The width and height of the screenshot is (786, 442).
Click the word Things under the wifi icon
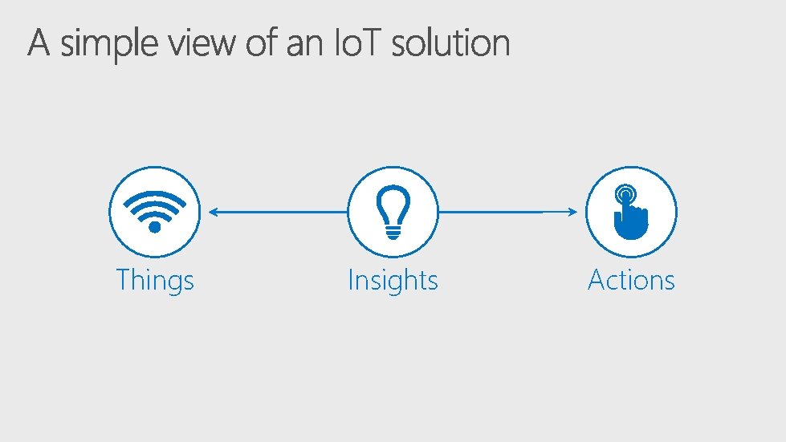pos(155,281)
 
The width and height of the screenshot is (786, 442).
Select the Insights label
pos(393,281)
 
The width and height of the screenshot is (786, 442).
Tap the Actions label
pos(631,281)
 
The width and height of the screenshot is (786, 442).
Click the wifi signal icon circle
pos(155,212)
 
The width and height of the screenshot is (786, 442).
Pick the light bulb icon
pos(393,212)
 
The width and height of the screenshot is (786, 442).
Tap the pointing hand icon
pos(631,212)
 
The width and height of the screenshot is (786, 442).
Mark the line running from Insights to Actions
pos(506,212)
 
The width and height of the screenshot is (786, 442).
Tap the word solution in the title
pos(450,43)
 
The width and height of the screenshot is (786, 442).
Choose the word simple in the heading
pos(111,45)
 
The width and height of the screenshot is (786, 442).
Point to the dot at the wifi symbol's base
pos(155,226)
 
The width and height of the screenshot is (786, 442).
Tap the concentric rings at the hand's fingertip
pos(625,195)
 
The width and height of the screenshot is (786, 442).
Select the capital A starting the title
pos(39,43)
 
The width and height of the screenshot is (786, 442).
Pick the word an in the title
pos(305,45)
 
